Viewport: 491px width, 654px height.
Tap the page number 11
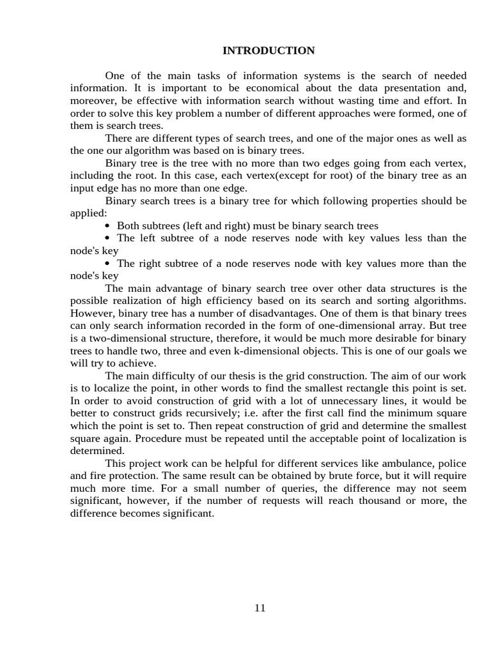point(260,607)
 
